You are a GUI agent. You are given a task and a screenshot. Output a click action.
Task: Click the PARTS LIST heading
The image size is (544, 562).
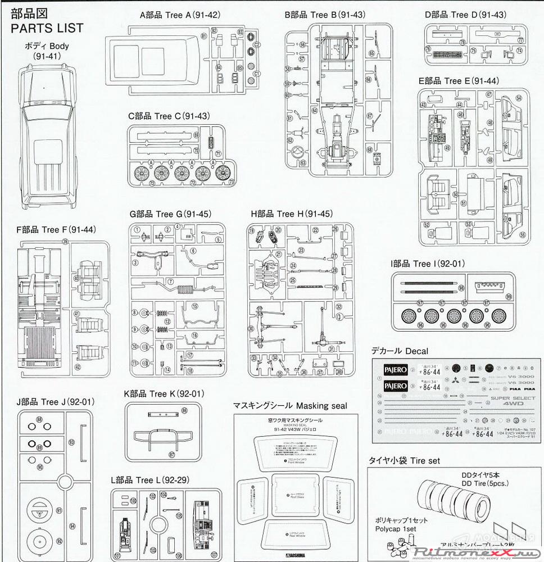point(47,27)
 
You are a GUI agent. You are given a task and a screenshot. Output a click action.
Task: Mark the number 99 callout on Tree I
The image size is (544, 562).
point(508,297)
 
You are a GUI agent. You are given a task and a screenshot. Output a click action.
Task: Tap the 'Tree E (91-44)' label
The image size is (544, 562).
point(459,81)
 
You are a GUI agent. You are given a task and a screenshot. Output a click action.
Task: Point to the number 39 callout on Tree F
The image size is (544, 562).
point(65,242)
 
